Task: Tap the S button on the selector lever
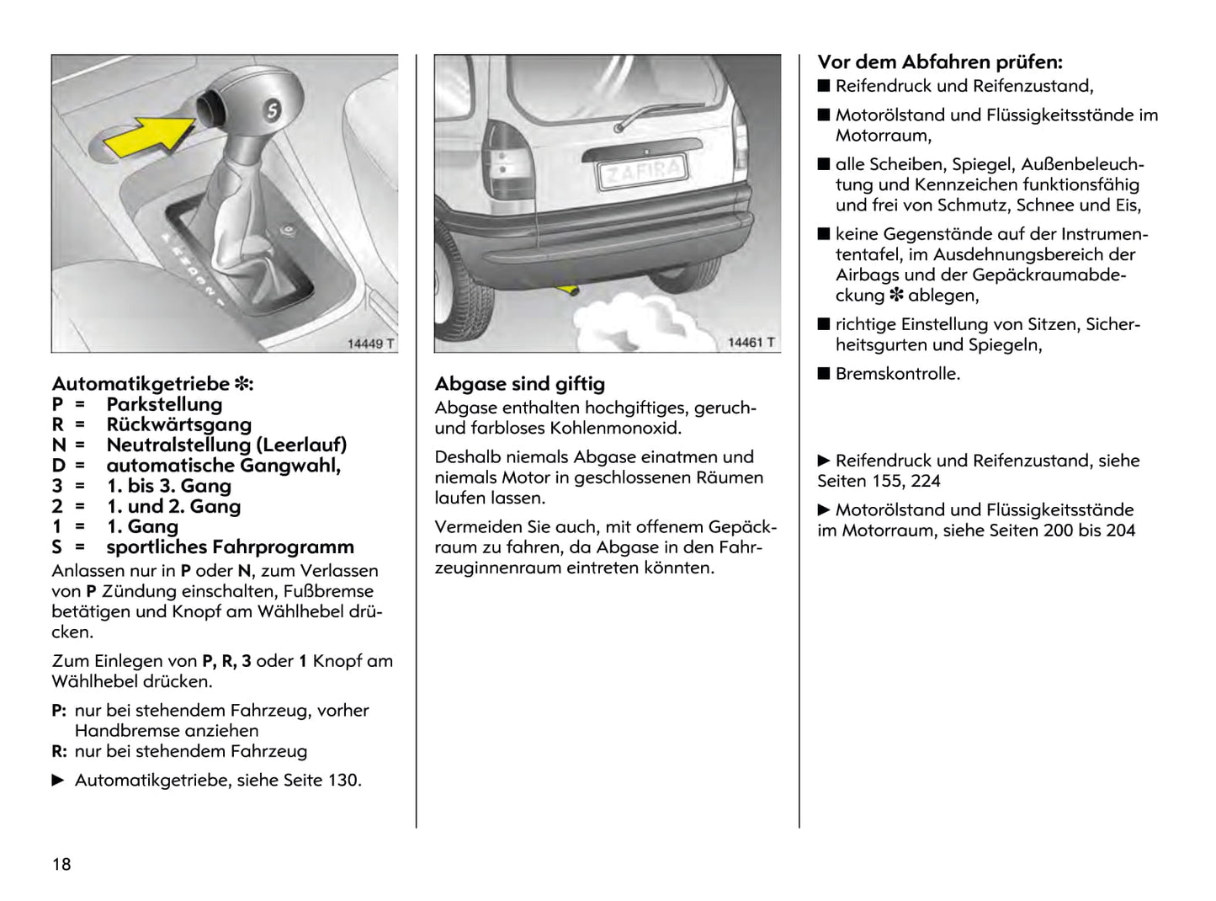[272, 109]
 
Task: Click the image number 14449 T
[370, 344]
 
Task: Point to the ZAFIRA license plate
[641, 172]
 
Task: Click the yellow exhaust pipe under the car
[567, 291]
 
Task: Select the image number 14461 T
[751, 343]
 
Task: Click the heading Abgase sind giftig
[519, 384]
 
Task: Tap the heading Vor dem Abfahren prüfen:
[940, 62]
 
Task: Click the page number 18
[61, 864]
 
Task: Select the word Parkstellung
[164, 404]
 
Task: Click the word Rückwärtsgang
[178, 424]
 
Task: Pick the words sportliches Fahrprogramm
[230, 547]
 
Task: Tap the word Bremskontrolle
[897, 374]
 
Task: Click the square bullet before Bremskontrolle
[824, 374]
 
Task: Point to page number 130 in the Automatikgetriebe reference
[343, 781]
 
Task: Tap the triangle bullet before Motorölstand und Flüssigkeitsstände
[824, 510]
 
